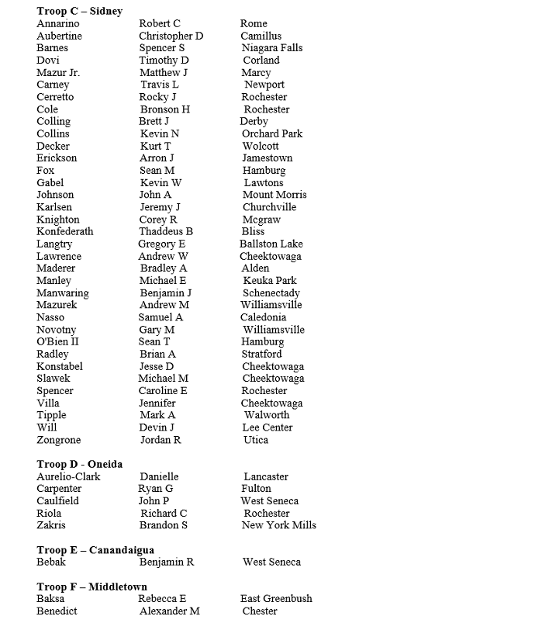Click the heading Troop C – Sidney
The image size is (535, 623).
pyautogui.click(x=79, y=11)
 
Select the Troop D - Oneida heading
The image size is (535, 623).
pyautogui.click(x=79, y=464)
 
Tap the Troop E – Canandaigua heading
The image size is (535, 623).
pyautogui.click(x=95, y=550)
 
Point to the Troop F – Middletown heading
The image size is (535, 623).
pyautogui.click(x=91, y=587)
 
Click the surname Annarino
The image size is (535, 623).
pyautogui.click(x=58, y=23)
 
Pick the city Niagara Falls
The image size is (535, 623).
pyautogui.click(x=272, y=48)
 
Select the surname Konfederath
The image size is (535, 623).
pyautogui.click(x=65, y=231)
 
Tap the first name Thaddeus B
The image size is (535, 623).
pyautogui.click(x=166, y=231)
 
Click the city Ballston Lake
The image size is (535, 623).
pyautogui.click(x=271, y=244)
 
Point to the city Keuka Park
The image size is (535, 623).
pyautogui.click(x=270, y=281)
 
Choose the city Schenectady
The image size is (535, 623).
pyautogui.click(x=271, y=293)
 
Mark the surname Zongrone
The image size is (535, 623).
pyautogui.click(x=59, y=440)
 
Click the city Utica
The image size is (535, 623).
pyautogui.click(x=256, y=440)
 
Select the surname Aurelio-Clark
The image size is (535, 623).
pyautogui.click(x=68, y=476)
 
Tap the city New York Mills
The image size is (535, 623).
pyautogui.click(x=279, y=525)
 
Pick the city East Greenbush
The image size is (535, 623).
pyautogui.click(x=276, y=599)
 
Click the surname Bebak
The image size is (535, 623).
pyautogui.click(x=51, y=562)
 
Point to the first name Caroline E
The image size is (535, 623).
pyautogui.click(x=163, y=391)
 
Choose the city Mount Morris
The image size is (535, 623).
pyautogui.click(x=274, y=195)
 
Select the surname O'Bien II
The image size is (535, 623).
pyautogui.click(x=58, y=341)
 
